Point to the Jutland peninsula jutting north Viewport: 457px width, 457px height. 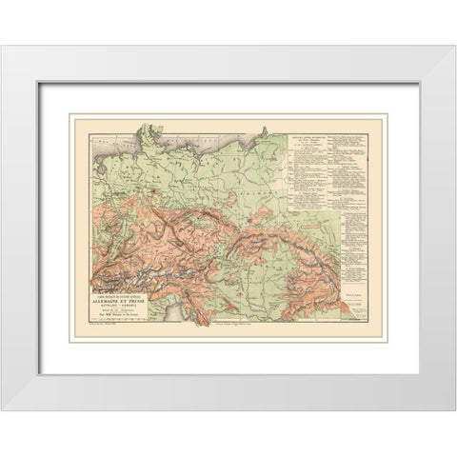pyautogui.click(x=168, y=129)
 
